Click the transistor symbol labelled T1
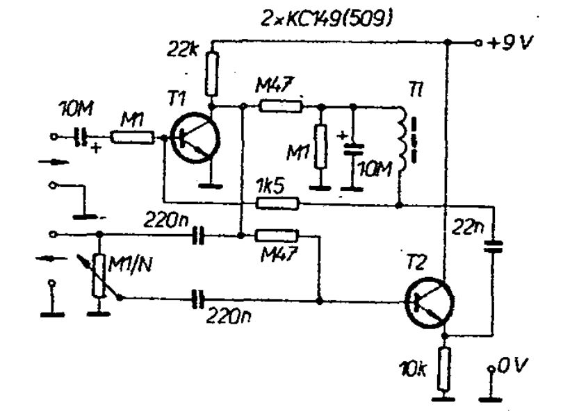(195, 139)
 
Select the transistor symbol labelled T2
(429, 302)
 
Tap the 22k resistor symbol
(212, 74)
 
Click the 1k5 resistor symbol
(278, 203)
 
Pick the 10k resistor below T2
(444, 369)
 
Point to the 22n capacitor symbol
(494, 247)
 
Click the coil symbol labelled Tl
(402, 140)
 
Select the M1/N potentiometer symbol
(99, 275)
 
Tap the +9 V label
(510, 44)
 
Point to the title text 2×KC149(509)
(326, 19)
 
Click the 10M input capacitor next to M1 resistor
(82, 138)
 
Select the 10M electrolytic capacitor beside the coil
(353, 149)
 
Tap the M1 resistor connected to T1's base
(133, 138)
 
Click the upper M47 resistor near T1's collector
(281, 106)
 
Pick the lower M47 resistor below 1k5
(276, 235)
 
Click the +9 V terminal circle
(478, 43)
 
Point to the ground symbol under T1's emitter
(211, 185)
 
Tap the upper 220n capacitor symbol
(199, 235)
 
